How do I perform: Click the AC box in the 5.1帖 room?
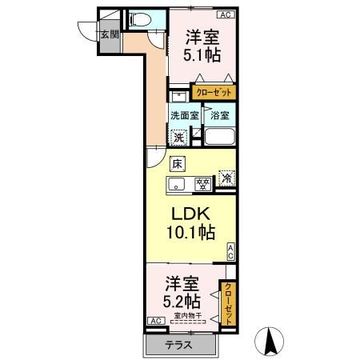pyautogui.click(x=226, y=14)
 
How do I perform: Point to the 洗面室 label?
pyautogui.click(x=183, y=115)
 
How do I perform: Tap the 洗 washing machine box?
pyautogui.click(x=180, y=136)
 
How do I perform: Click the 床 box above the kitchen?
pyautogui.click(x=177, y=164)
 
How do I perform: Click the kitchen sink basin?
pyautogui.click(x=179, y=185)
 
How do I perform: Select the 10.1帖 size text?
pyautogui.click(x=190, y=233)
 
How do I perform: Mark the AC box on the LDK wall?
pyautogui.click(x=230, y=252)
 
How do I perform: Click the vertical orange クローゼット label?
pyautogui.click(x=229, y=303)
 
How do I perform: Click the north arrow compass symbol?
pyautogui.click(x=271, y=342)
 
